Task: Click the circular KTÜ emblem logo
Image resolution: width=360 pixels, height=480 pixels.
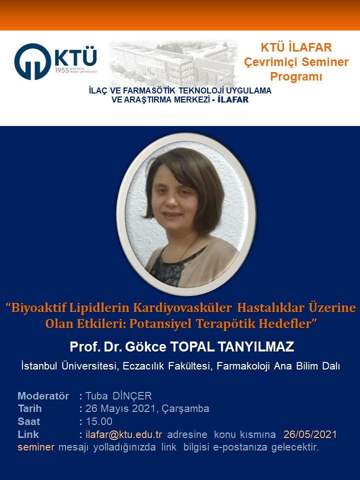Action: (x=33, y=61)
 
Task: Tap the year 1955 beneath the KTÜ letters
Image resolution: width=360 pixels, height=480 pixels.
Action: (x=62, y=70)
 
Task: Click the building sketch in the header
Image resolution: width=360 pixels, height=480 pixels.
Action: (x=173, y=63)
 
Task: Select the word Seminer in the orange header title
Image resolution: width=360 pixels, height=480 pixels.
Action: (x=325, y=62)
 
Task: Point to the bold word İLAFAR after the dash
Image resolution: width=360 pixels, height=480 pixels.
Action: (x=233, y=99)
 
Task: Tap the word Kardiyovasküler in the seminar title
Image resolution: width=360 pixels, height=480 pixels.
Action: (x=182, y=307)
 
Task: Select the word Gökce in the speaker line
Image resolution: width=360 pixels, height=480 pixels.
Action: (x=145, y=347)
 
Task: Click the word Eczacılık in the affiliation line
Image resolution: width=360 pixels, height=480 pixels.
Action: (x=143, y=366)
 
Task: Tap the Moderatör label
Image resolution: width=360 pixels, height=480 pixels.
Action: (x=43, y=396)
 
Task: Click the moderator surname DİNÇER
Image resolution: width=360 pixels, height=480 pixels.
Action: (x=132, y=396)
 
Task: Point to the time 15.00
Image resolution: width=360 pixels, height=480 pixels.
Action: (x=99, y=421)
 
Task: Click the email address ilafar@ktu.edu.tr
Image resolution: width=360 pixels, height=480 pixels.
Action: (x=123, y=434)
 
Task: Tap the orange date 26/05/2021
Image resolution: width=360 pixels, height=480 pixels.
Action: (x=310, y=434)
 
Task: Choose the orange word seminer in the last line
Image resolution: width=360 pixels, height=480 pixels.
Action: (x=36, y=447)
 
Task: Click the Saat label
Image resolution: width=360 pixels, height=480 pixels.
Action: (x=29, y=421)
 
